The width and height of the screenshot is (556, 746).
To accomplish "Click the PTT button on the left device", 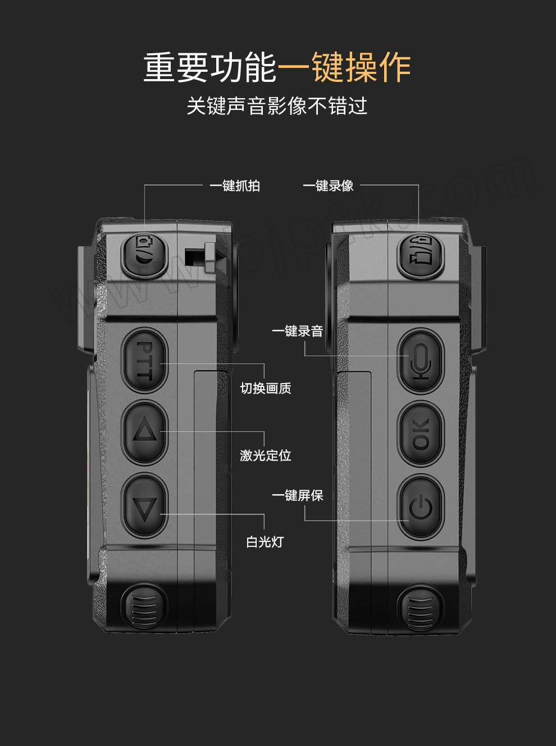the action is coord(144,360).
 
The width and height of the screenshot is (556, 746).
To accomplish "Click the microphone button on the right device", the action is coord(421,361).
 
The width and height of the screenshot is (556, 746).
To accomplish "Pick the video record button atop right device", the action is coord(421,256).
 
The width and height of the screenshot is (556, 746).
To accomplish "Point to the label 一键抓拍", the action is coord(235,186).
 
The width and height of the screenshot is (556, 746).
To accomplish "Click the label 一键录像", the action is coord(328,186).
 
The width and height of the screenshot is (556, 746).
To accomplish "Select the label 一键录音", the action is coord(297,331).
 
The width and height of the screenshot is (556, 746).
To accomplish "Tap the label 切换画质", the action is coord(266,389).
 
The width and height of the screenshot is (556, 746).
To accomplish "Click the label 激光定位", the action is coord(266,456).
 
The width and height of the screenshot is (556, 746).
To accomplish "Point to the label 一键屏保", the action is coord(297,495).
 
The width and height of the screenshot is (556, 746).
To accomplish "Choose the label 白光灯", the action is coord(265,542).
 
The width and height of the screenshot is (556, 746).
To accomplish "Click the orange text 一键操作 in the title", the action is coord(344,67).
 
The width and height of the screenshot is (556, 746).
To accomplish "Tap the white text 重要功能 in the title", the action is coord(211,67).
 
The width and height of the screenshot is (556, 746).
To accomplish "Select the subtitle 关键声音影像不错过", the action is coord(277,106).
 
